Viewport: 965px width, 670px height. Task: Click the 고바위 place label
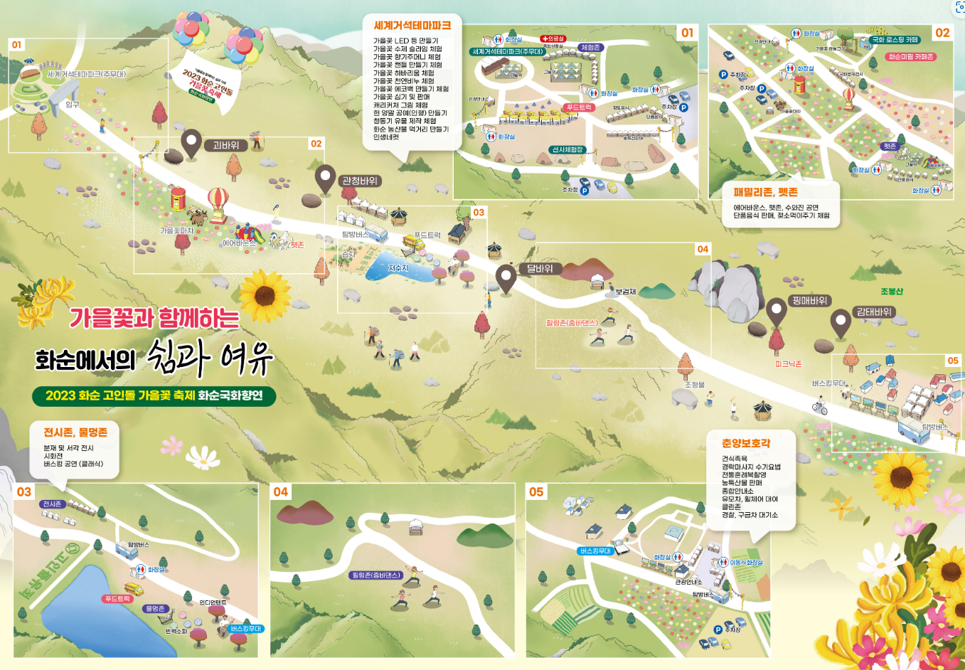click(226, 145)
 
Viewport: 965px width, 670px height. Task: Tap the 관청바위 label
click(360, 181)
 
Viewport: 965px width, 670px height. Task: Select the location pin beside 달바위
click(506, 278)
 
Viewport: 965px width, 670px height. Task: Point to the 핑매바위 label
click(809, 301)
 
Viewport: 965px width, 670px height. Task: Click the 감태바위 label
click(874, 312)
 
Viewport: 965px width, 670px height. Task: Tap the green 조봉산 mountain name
click(891, 292)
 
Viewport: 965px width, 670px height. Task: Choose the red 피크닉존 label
click(788, 364)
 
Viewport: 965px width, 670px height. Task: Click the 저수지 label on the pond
click(398, 268)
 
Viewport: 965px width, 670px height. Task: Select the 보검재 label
click(626, 292)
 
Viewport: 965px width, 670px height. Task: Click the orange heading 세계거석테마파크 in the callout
click(412, 26)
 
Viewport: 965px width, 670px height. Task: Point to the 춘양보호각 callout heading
click(745, 443)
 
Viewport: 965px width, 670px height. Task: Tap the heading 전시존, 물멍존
click(75, 432)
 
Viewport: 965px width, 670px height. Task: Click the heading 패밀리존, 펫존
click(765, 192)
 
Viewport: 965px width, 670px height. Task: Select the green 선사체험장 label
click(567, 150)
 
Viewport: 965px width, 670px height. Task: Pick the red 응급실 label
click(553, 38)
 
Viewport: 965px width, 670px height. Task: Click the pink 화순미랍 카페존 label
click(911, 57)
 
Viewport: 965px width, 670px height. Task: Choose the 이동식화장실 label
click(746, 563)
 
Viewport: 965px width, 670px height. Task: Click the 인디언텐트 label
click(213, 602)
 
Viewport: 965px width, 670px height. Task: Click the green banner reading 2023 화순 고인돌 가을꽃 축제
click(154, 395)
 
